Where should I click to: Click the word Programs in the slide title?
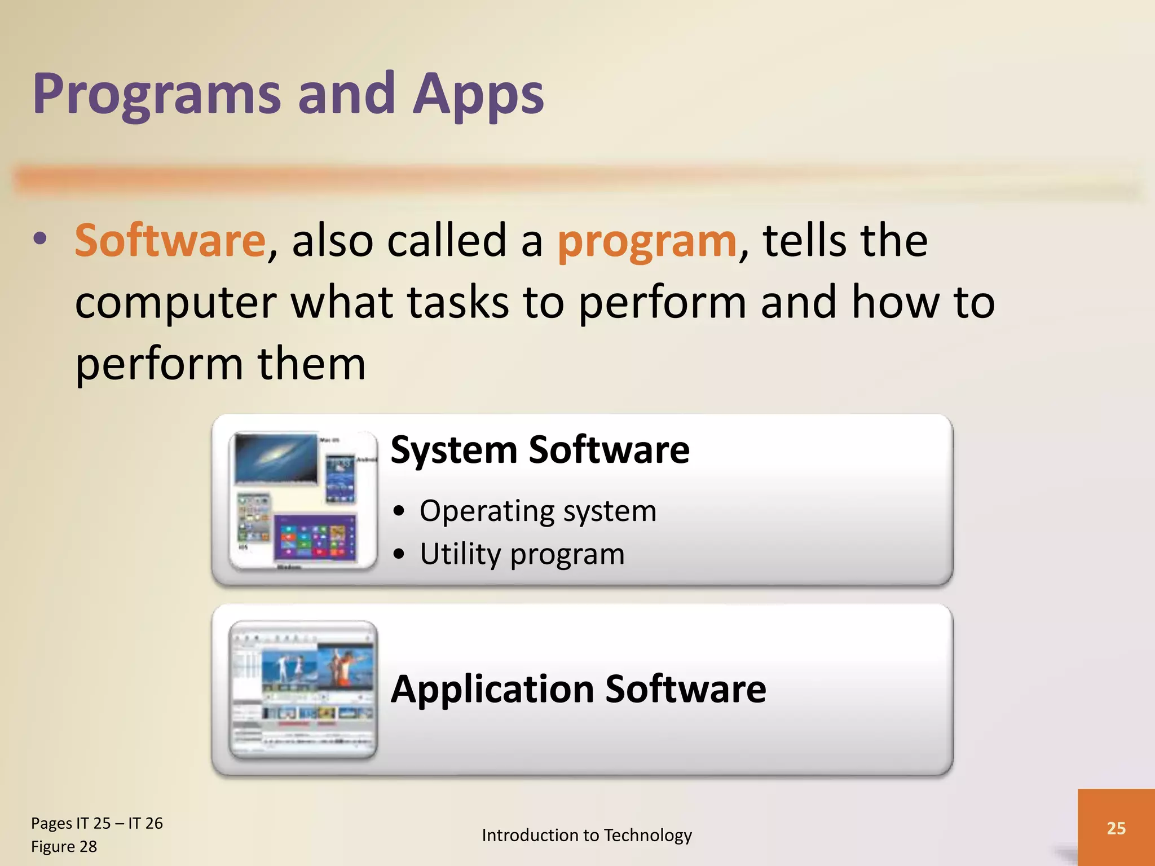tap(156, 95)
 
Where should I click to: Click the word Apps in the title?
tap(478, 95)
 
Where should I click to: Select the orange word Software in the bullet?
tap(170, 241)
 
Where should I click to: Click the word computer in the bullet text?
tap(175, 303)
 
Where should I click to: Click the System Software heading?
tap(540, 450)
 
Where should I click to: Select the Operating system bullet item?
tap(537, 511)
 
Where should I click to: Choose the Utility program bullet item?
tap(522, 554)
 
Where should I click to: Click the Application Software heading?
tap(578, 689)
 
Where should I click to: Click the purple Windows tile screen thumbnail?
tap(315, 538)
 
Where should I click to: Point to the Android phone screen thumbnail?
tap(341, 479)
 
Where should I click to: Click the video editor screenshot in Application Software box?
tap(303, 689)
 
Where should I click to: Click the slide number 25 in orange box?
tap(1116, 828)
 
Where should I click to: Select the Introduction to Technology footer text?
tap(587, 835)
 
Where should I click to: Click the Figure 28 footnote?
tap(64, 847)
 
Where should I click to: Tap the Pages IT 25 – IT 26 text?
tap(96, 823)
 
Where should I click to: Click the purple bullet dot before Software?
tap(39, 238)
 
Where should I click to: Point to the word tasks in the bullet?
tap(457, 303)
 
